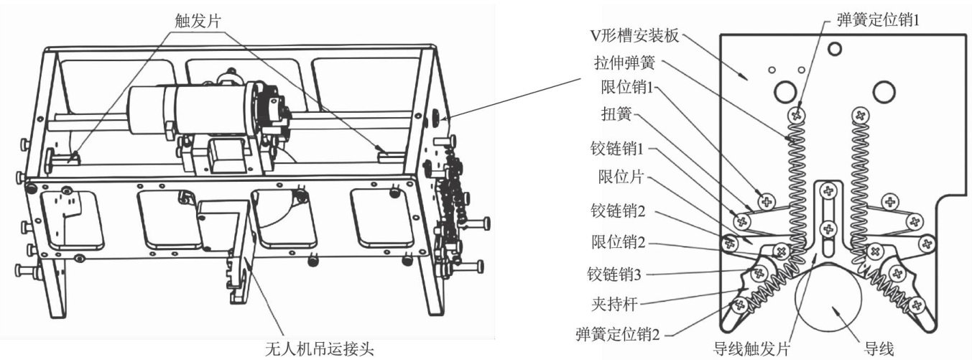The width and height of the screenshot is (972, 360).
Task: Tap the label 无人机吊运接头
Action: (321, 350)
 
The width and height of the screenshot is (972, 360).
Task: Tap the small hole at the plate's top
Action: (834, 49)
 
